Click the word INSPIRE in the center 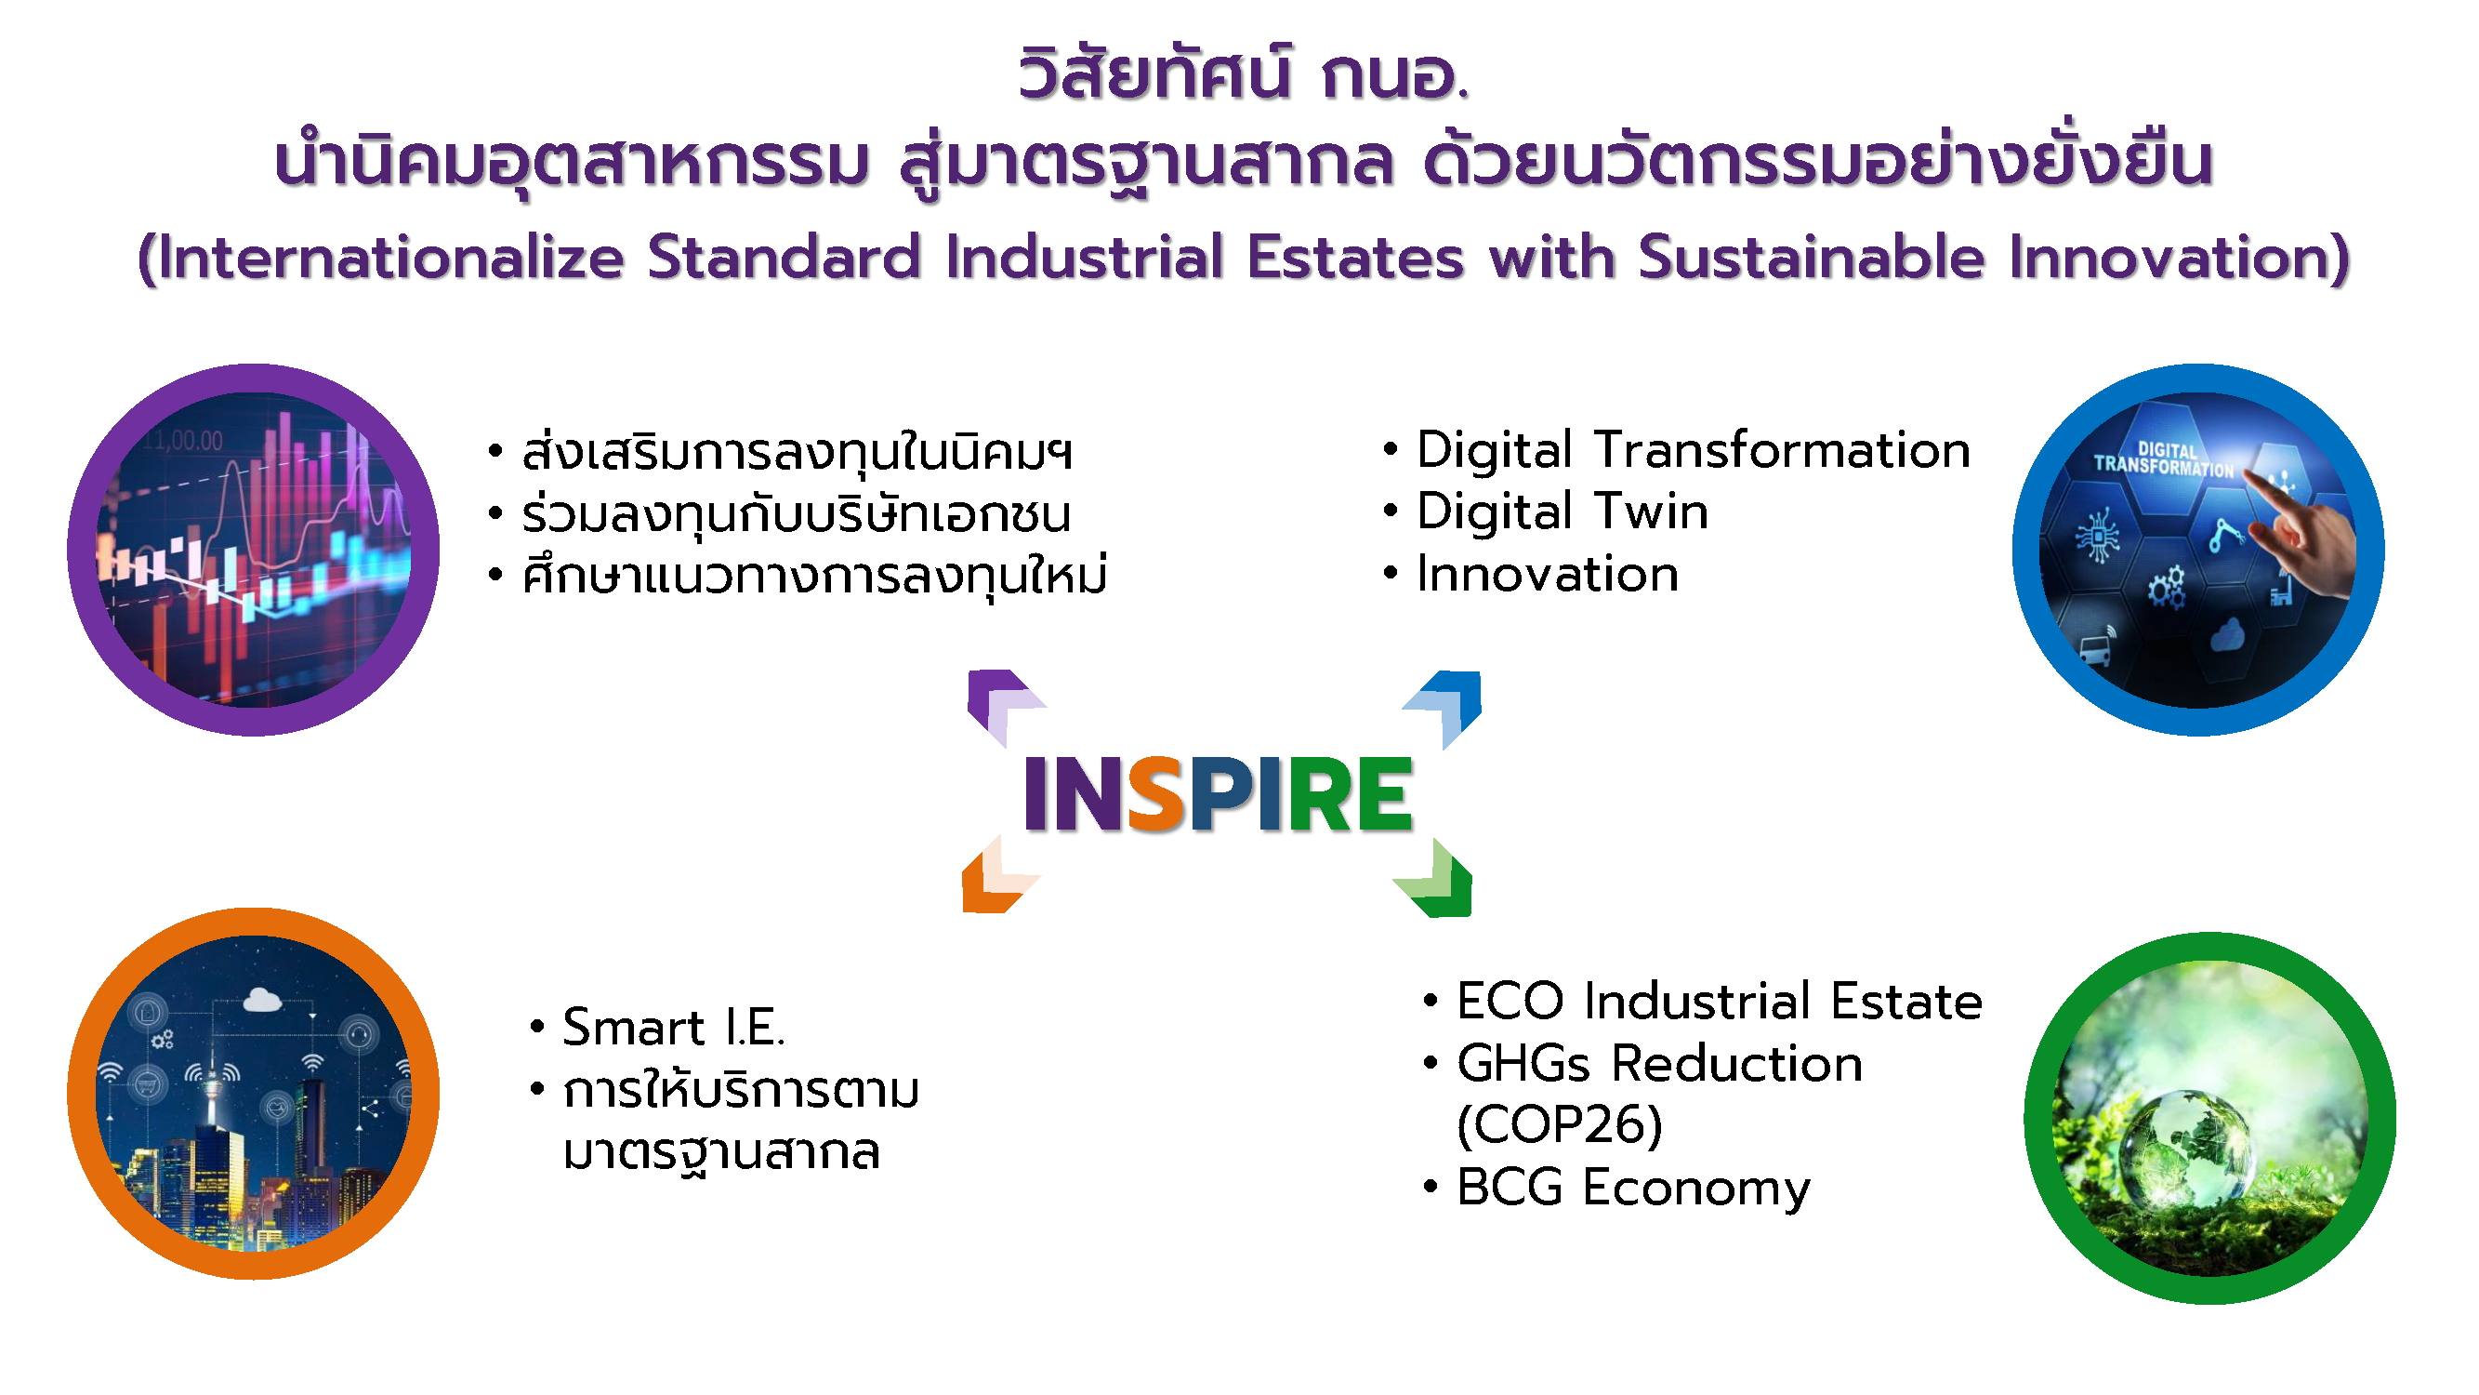[1218, 793]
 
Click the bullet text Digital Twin [1562, 512]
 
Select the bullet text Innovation [1548, 575]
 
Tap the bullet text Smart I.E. [674, 1028]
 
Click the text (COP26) [1560, 1124]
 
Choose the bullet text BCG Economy [1633, 1188]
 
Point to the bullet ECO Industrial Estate [1720, 1002]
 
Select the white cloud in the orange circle [262, 1001]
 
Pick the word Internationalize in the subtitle [390, 258]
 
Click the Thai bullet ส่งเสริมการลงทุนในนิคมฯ [797, 452]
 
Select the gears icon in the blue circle [2167, 586]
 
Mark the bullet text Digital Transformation [1694, 450]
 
